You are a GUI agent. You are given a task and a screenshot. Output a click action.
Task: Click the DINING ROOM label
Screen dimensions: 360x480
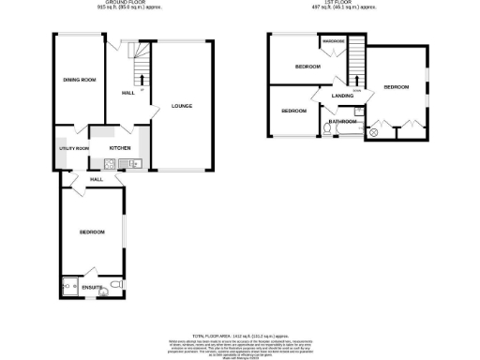(x=80, y=80)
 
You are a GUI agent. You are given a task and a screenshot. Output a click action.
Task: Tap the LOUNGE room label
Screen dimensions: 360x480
(x=182, y=105)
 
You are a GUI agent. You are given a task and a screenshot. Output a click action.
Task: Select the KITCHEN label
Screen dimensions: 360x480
(x=120, y=148)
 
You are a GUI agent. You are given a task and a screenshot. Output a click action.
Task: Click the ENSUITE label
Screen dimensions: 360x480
(x=92, y=286)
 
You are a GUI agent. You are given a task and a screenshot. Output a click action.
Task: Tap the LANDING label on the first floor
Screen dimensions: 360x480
(x=329, y=92)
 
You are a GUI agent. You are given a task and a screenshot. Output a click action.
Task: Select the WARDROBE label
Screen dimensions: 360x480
(x=335, y=42)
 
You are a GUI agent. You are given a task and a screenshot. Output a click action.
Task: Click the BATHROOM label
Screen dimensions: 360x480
(x=341, y=121)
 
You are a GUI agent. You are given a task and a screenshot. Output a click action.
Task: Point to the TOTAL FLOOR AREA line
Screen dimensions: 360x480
(x=239, y=335)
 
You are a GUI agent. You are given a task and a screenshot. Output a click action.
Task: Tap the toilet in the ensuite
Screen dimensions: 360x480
(x=113, y=284)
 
